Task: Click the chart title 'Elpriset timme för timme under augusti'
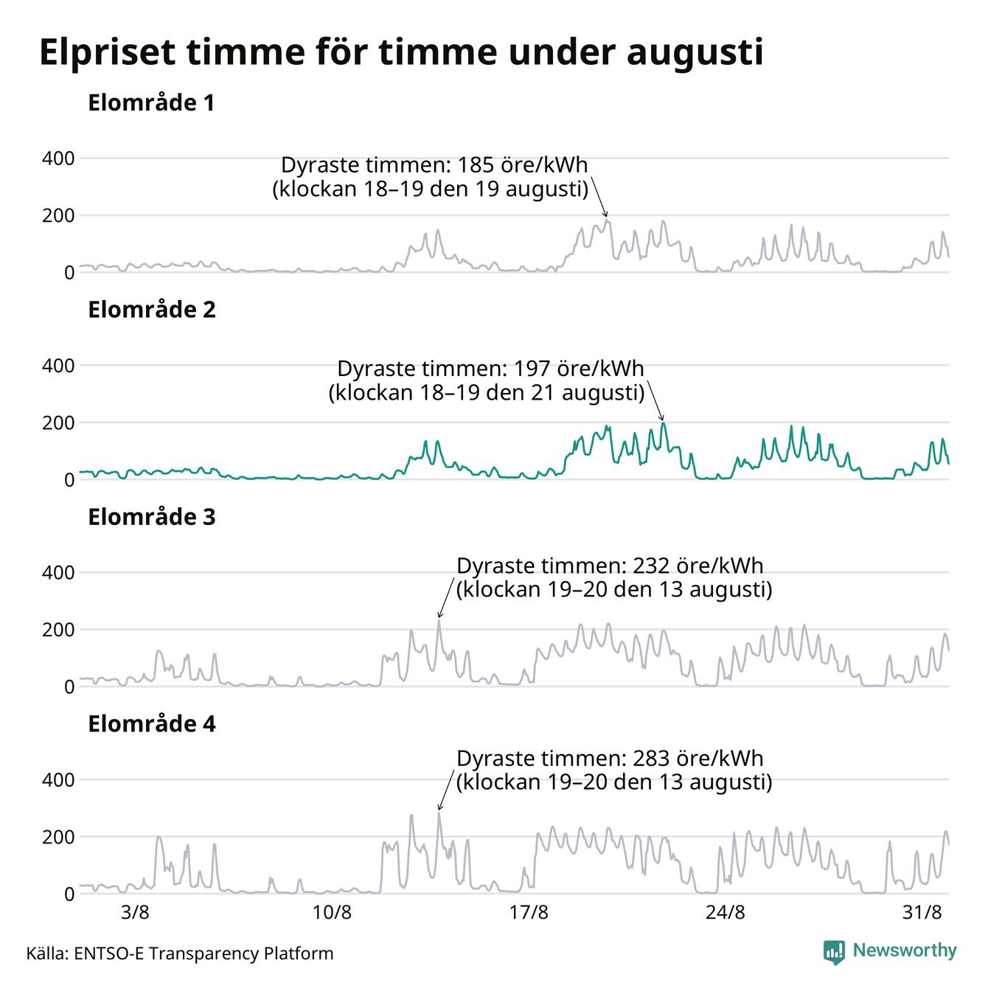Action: click(401, 52)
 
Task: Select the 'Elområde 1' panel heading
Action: click(151, 102)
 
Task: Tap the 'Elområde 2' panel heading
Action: click(152, 310)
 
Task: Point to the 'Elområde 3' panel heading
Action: click(152, 517)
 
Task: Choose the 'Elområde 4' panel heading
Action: click(152, 724)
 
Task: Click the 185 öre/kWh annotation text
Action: click(431, 178)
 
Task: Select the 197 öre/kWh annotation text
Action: click(487, 381)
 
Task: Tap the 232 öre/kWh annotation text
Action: click(614, 577)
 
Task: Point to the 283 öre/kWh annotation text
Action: click(614, 770)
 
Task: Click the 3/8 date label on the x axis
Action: click(135, 913)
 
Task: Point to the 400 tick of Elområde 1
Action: click(58, 159)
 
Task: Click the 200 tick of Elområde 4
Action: click(58, 837)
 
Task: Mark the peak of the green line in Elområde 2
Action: click(662, 423)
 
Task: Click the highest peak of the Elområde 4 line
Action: click(439, 813)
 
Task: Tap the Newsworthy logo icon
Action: click(834, 953)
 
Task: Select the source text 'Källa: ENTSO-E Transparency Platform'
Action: click(180, 953)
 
